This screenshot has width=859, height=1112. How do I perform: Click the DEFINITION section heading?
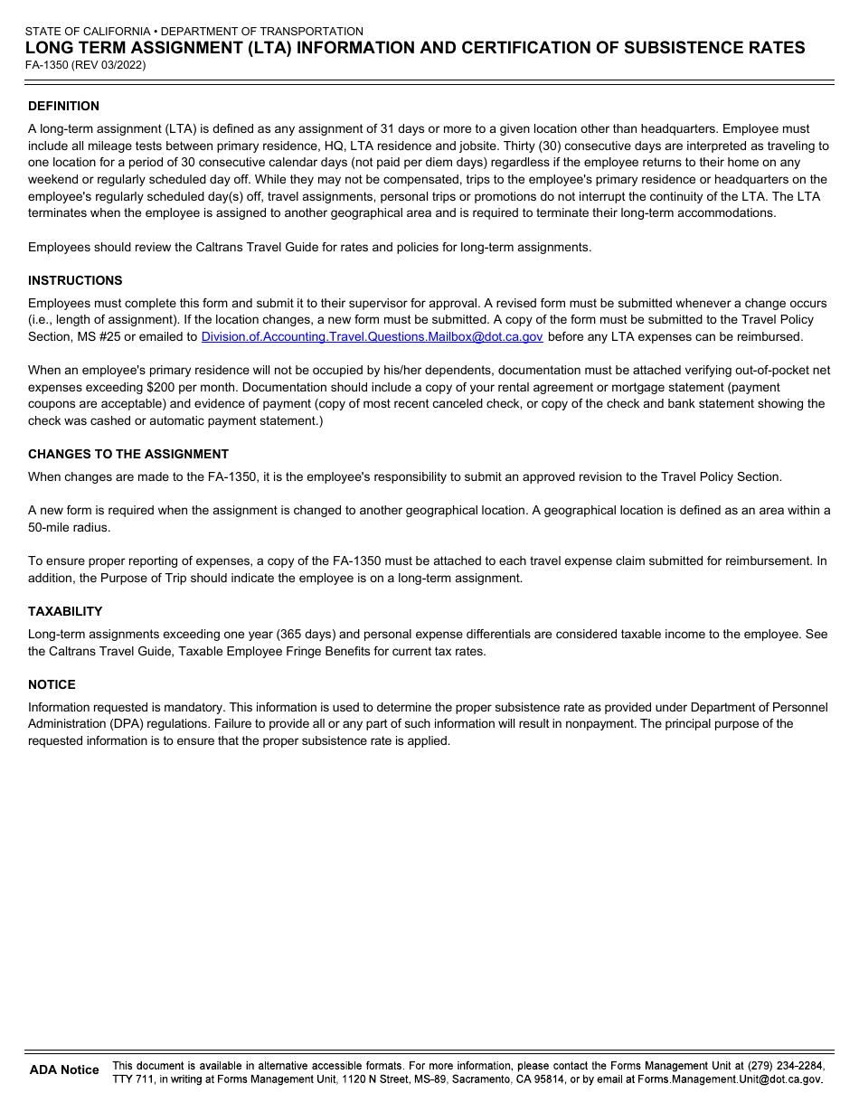pos(63,106)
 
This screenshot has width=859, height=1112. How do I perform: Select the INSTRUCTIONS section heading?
pos(75,280)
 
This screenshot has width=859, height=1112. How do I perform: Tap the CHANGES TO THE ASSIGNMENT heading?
pos(128,454)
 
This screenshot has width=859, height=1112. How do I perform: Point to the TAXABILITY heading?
pos(65,611)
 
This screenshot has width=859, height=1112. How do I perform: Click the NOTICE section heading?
pos(52,684)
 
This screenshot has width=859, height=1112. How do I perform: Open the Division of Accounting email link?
pos(372,336)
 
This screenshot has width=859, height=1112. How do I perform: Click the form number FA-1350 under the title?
pos(49,65)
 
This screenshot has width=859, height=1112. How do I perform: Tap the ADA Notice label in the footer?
pos(64,1070)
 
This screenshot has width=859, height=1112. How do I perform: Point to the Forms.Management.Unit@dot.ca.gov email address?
pos(730,1079)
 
